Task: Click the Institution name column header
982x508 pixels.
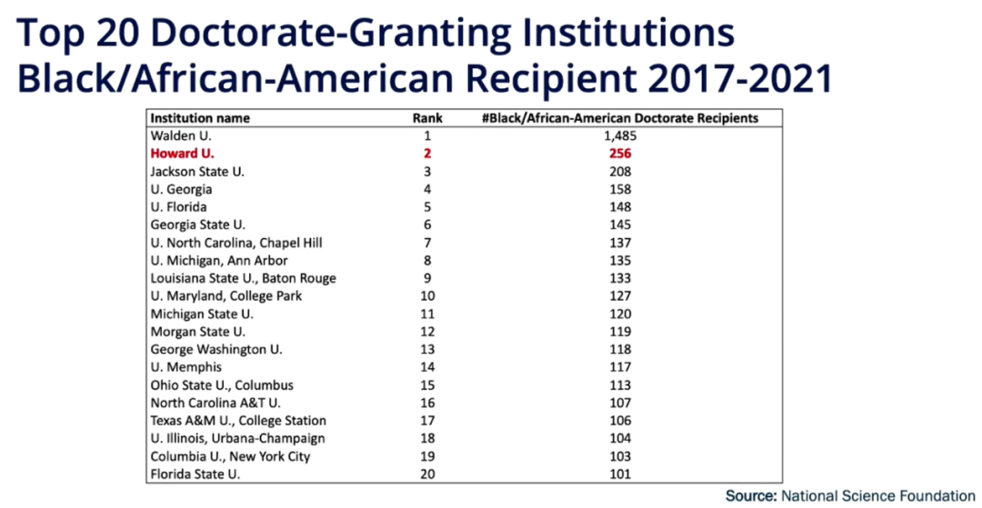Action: [x=200, y=118]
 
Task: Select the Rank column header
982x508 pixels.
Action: [x=427, y=118]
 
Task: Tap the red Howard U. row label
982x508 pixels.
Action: [x=182, y=154]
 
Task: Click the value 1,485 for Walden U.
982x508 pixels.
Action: [x=621, y=135]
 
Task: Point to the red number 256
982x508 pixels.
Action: [x=621, y=154]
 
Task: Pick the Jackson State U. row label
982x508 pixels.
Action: [x=197, y=171]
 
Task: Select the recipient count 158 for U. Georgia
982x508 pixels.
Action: [x=621, y=189]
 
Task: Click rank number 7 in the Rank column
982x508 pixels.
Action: [x=427, y=243]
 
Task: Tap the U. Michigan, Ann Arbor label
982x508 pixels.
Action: [x=219, y=260]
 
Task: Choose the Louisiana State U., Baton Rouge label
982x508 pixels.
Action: [x=243, y=278]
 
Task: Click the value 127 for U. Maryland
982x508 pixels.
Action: [x=621, y=295]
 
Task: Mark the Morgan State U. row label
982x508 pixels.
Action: [x=197, y=332]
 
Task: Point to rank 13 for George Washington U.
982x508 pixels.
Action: [x=427, y=349]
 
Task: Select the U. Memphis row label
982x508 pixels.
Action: [x=185, y=367]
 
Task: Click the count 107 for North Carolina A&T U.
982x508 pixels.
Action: [x=621, y=403]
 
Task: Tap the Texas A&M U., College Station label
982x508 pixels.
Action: [x=238, y=421]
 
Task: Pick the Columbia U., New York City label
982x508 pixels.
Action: [x=230, y=456]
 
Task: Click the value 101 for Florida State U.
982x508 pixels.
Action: [x=621, y=473]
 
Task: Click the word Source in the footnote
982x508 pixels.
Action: [x=749, y=496]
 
